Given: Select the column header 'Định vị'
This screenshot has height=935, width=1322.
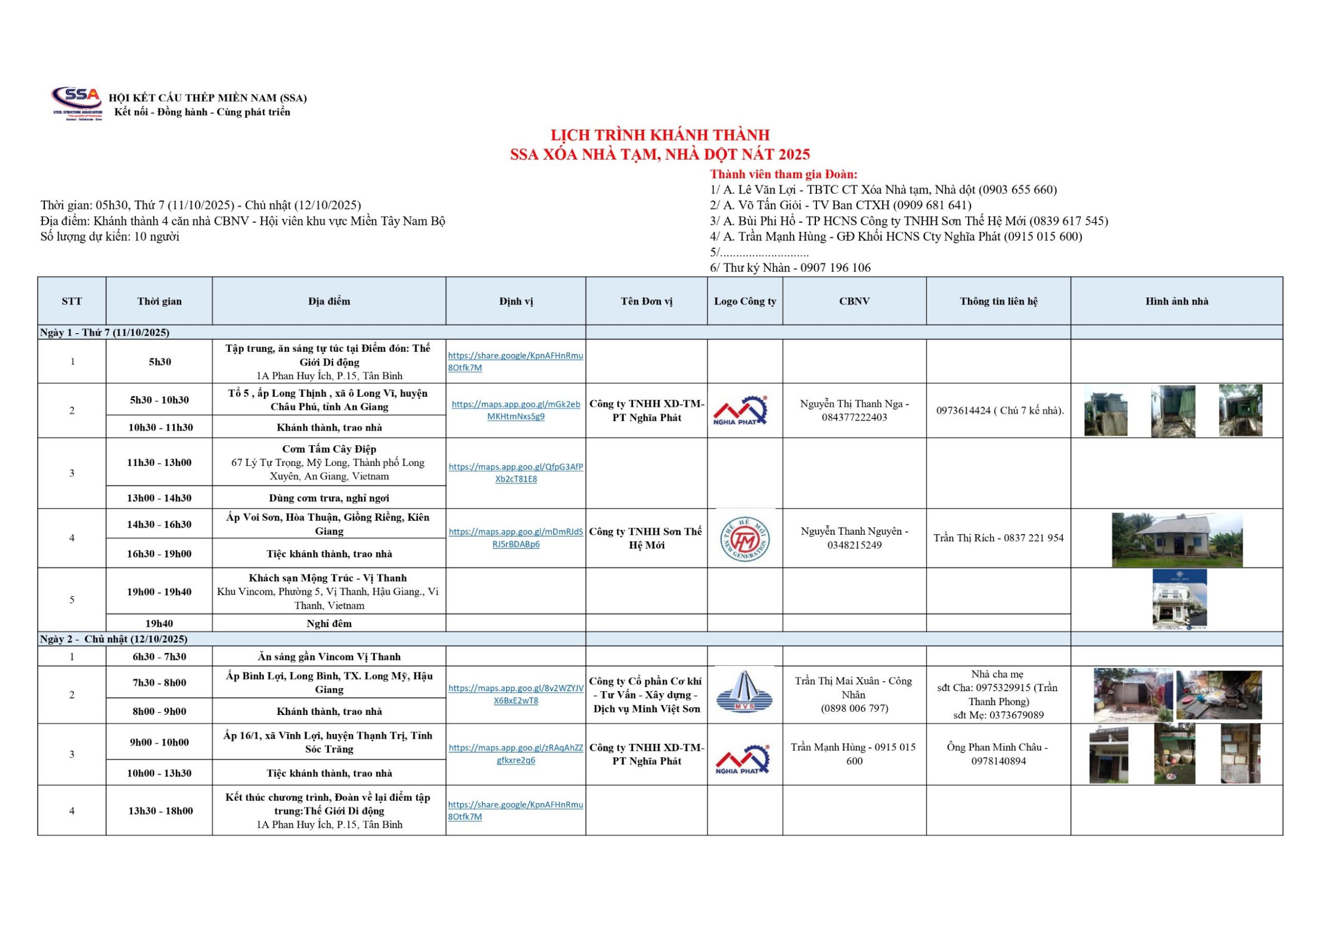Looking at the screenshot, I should (516, 301).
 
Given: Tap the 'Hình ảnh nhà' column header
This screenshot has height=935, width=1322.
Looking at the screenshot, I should (1177, 301).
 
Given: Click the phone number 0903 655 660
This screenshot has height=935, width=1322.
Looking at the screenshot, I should (1018, 189).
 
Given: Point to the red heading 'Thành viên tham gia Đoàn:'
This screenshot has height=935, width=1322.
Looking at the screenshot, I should (783, 174).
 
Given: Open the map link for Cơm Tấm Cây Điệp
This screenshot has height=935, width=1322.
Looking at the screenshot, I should (516, 473).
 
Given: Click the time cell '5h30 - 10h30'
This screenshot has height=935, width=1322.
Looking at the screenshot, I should (160, 400).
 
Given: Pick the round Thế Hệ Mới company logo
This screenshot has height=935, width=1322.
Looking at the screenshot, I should (745, 539).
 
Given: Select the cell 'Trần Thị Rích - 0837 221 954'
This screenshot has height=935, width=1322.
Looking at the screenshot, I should (998, 538).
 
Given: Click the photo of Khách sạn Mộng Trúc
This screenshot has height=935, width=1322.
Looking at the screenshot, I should (1179, 599).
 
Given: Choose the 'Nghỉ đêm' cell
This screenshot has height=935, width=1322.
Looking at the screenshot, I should (329, 623).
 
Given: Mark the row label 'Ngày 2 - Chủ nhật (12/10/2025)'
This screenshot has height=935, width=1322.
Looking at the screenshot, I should (114, 639).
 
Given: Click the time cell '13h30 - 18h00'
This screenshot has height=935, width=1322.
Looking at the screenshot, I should (160, 811).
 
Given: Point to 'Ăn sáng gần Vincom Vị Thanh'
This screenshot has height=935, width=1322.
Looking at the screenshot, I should (329, 656).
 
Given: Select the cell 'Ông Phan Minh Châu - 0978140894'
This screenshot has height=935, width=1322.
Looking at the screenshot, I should (998, 754).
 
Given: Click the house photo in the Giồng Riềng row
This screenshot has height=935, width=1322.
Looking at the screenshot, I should (1177, 539).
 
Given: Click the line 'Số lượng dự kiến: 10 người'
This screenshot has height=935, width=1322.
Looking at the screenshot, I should (110, 236).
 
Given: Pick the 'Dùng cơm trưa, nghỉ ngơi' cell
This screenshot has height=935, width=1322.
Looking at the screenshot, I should (329, 498).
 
